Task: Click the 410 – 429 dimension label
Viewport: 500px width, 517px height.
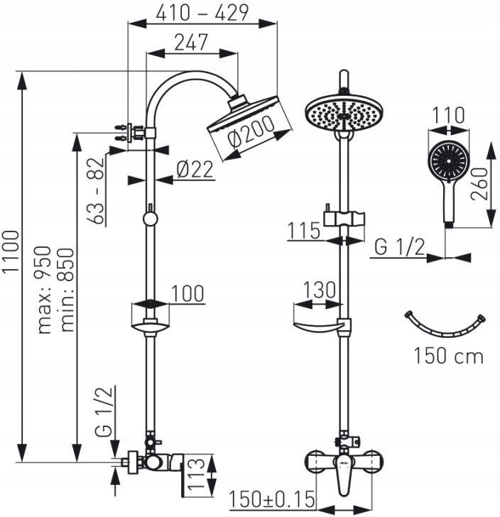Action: pyautogui.click(x=202, y=13)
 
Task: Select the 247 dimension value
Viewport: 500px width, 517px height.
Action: pyautogui.click(x=191, y=42)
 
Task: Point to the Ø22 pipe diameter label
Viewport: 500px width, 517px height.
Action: pyautogui.click(x=195, y=170)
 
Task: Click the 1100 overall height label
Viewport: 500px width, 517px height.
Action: pyautogui.click(x=10, y=251)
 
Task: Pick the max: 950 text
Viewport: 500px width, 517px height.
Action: pyautogui.click(x=44, y=290)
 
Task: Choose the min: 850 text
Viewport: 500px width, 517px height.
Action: pyautogui.click(x=67, y=290)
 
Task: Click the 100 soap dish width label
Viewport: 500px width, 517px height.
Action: pyautogui.click(x=188, y=293)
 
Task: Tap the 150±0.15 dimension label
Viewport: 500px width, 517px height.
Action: pyautogui.click(x=271, y=499)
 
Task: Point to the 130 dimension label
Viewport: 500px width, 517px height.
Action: pyautogui.click(x=320, y=290)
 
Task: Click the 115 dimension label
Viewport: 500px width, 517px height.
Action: pyautogui.click(x=304, y=231)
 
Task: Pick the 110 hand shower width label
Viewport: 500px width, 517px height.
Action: pyautogui.click(x=448, y=115)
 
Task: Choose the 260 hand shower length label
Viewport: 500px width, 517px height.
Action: pyautogui.click(x=479, y=184)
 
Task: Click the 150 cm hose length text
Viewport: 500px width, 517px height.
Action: pyautogui.click(x=449, y=356)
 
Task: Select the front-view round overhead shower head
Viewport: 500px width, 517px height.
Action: pyautogui.click(x=344, y=113)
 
